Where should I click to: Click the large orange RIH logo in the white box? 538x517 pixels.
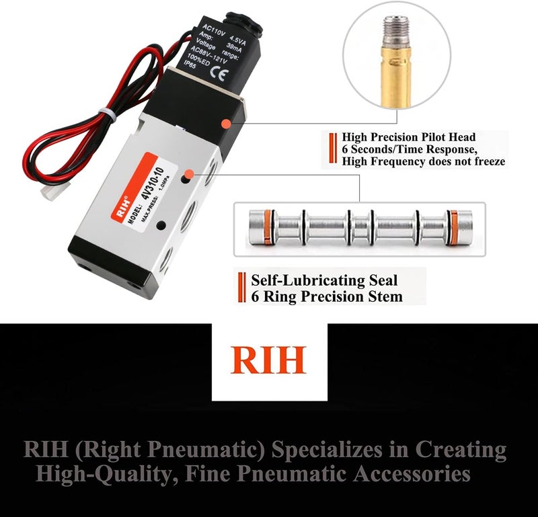(x=268, y=360)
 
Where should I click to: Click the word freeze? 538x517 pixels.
(x=486, y=161)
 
